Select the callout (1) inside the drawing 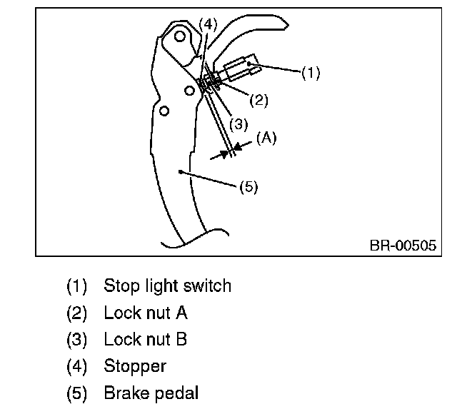pos(311,72)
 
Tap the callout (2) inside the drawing pos(258,100)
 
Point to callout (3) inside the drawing pos(238,123)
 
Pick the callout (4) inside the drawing pos(207,24)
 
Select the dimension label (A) pos(266,138)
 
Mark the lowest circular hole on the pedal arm pos(164,111)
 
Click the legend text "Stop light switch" pos(168,286)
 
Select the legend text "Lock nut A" pos(146,313)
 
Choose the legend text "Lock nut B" pos(146,339)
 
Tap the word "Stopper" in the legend pos(135,366)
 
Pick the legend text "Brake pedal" pos(151,393)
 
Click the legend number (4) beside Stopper pos(76,366)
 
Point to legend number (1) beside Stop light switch pos(76,286)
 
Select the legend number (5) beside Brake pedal pos(76,393)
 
